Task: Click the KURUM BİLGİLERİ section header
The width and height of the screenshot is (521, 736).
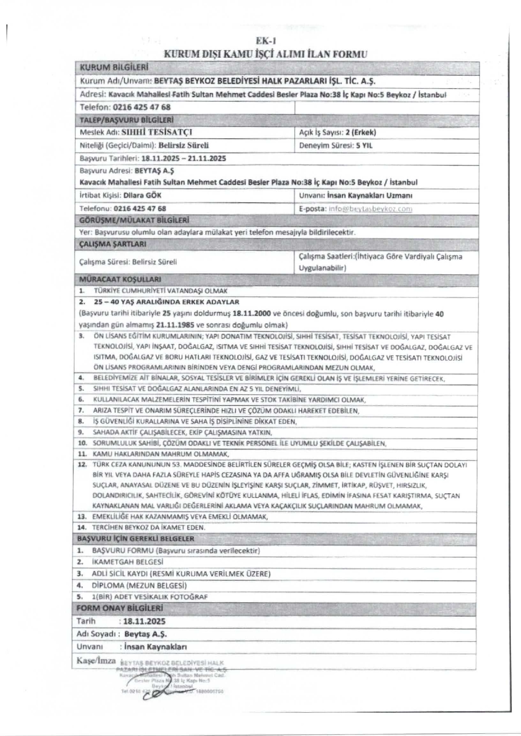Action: pos(114,68)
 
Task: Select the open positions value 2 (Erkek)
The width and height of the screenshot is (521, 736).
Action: pos(361,132)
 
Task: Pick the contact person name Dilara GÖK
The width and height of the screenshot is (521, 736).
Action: pos(142,195)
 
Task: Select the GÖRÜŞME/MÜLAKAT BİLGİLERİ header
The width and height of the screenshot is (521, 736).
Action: pos(134,221)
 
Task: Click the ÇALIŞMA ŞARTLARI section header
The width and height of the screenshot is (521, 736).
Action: pos(113,244)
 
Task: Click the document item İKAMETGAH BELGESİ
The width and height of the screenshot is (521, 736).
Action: pos(128,562)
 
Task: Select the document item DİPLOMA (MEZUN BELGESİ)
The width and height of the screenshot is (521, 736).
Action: pos(139,585)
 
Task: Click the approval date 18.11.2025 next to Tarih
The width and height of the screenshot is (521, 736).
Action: pos(144,621)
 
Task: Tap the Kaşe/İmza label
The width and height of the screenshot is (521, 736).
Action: pos(96,661)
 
